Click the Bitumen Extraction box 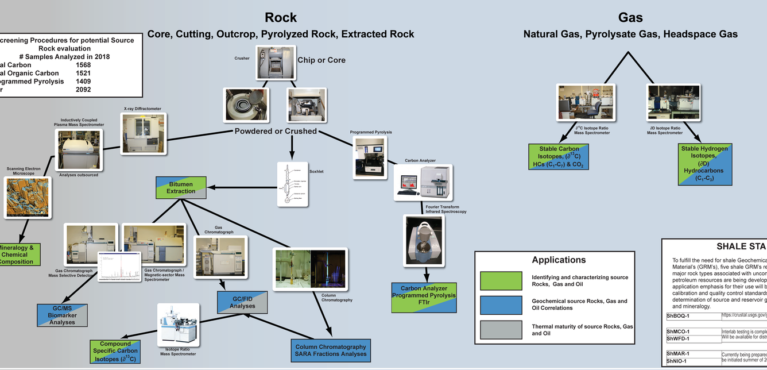(x=181, y=187)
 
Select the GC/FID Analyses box (x=242, y=302)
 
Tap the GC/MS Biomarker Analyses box (x=62, y=314)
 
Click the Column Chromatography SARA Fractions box (x=330, y=350)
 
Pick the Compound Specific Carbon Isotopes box (x=115, y=352)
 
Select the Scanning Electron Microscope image (x=27, y=197)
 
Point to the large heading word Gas (x=630, y=17)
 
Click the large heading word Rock (x=281, y=17)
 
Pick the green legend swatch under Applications (x=501, y=281)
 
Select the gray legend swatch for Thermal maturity (x=501, y=330)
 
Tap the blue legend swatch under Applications (x=501, y=305)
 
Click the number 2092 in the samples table (x=83, y=90)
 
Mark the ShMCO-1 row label (x=678, y=332)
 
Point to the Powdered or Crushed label (x=276, y=131)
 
